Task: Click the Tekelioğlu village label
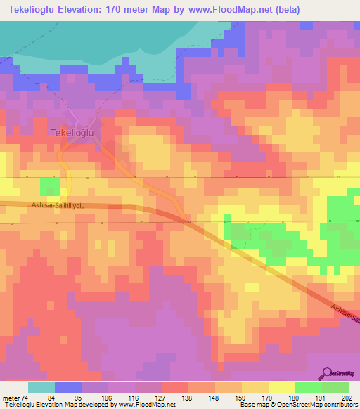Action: point(72,131)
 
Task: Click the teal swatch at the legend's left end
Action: point(41,387)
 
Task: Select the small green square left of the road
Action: point(50,187)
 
